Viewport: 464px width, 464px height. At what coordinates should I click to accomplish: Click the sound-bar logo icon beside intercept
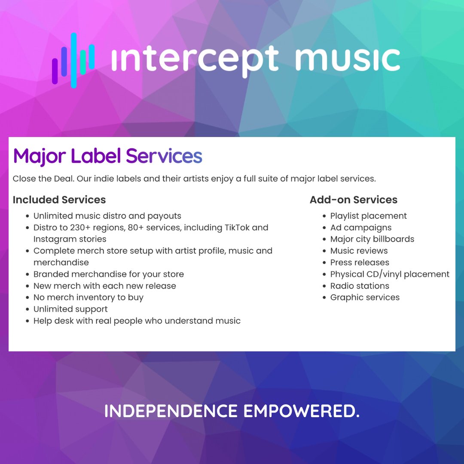pos(73,60)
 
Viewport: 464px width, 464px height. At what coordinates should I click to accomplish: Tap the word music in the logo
pos(348,59)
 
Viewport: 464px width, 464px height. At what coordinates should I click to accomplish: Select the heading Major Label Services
pos(107,156)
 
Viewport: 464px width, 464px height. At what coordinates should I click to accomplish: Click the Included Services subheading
pos(59,200)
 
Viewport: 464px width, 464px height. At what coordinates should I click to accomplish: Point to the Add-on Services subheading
pos(354,200)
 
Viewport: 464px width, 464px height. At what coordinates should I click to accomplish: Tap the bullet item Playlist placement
pos(368,216)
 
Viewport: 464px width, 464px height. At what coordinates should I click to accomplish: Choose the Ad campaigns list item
pos(361,228)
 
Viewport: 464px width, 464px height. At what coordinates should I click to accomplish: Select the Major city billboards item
pos(372,239)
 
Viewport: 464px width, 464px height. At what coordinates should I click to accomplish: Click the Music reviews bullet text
pos(359,251)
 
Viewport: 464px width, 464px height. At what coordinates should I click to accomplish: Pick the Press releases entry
pos(360,263)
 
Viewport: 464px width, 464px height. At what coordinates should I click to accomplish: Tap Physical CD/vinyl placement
pos(390,274)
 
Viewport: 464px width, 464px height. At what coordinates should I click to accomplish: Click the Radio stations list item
pos(360,286)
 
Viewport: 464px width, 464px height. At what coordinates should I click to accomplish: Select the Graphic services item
pos(365,297)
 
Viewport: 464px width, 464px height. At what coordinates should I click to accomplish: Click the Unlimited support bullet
pos(70,309)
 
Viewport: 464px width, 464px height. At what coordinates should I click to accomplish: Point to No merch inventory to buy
pos(89,297)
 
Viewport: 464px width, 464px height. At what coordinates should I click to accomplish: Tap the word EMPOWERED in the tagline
pos(302,411)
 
